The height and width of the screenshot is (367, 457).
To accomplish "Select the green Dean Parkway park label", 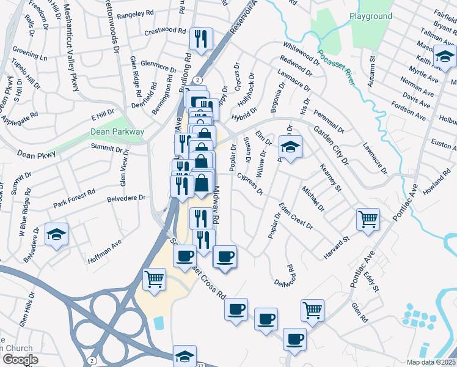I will (x=117, y=132).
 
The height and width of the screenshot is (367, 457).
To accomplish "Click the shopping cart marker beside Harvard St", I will (x=368, y=218).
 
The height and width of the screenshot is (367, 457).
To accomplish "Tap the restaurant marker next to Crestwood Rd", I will (x=200, y=39).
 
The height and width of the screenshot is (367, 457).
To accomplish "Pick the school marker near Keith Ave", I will (x=444, y=58).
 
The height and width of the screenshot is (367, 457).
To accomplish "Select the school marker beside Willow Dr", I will (x=290, y=146).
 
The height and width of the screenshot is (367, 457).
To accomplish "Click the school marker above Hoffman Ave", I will (x=57, y=234).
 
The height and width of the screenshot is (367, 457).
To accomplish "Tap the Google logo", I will (x=20, y=360).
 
